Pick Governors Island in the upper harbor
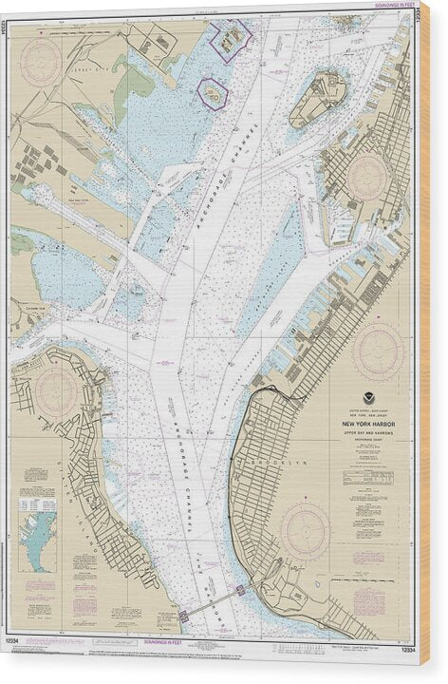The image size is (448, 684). click(319, 98)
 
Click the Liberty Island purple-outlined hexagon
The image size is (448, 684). click(213, 93)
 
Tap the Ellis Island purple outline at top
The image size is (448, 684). click(231, 38)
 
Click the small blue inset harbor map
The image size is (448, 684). click(38, 537)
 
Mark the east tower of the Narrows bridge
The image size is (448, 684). click(240, 590)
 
